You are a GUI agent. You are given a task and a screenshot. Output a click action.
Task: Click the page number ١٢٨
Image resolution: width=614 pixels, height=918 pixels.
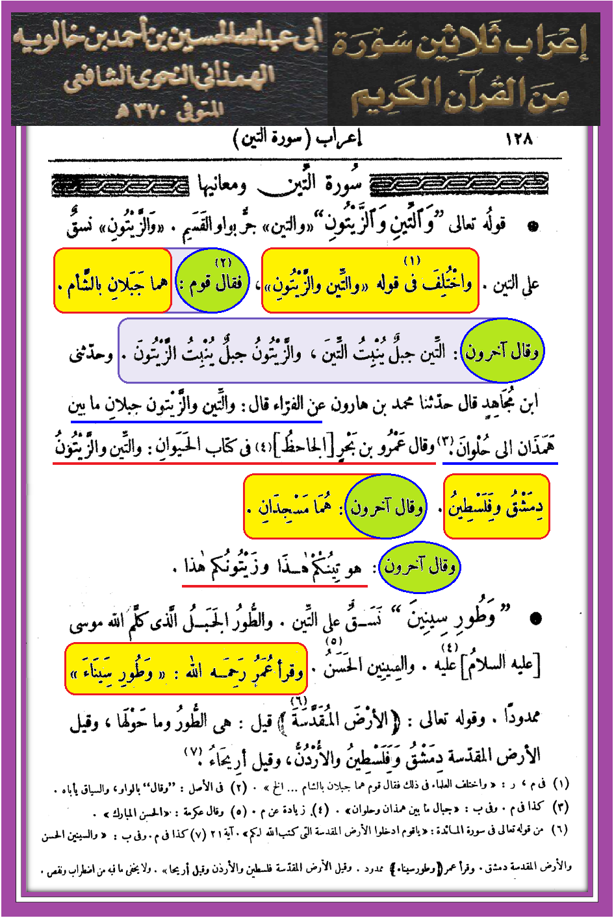click(518, 138)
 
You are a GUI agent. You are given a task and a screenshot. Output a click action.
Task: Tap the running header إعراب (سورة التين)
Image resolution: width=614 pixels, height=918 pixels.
click(297, 139)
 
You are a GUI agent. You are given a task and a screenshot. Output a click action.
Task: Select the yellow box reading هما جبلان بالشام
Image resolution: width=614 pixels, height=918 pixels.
click(112, 280)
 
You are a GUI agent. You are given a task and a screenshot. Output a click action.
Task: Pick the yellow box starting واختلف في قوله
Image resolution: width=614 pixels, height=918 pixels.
click(370, 280)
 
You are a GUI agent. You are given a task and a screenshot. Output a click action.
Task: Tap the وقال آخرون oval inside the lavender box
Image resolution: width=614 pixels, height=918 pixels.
click(502, 351)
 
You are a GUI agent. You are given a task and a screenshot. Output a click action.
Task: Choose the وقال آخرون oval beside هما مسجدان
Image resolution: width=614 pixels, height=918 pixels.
click(385, 506)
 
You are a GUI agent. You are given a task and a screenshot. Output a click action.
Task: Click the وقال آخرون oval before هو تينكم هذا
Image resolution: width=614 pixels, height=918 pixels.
click(419, 566)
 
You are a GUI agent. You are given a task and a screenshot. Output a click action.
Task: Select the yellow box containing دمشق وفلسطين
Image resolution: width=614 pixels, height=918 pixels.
click(497, 506)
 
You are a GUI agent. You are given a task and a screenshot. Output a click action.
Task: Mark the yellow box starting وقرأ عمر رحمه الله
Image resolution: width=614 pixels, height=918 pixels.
click(186, 669)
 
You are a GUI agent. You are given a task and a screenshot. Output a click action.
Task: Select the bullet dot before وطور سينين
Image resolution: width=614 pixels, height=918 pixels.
click(535, 617)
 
